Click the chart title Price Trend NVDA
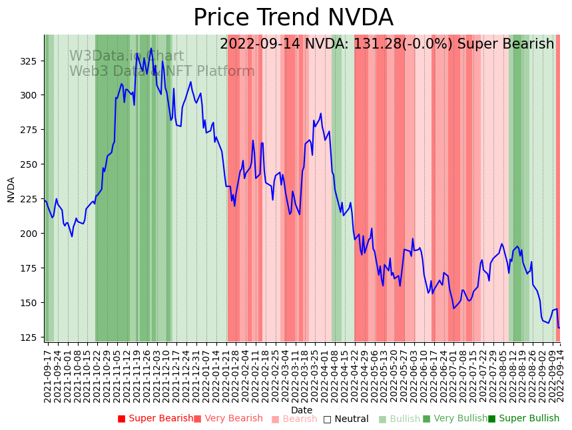point(293,18)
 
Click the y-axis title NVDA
point(11,189)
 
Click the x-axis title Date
point(302,410)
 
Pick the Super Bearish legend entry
point(155,419)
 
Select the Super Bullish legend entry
point(523,419)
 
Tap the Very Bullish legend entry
point(455,419)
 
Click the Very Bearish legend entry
point(228,419)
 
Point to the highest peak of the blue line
point(151,48)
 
